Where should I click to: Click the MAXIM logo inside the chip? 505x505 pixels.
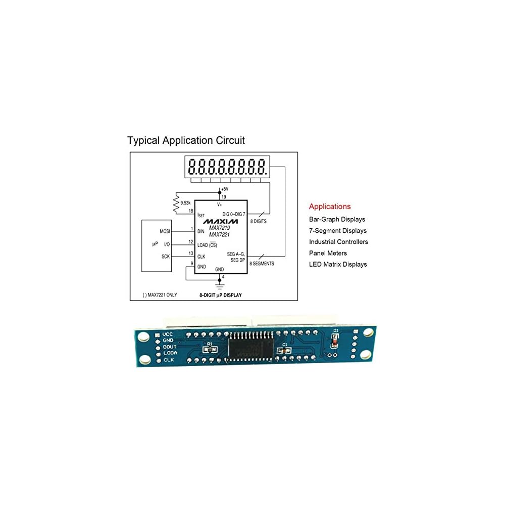[x=221, y=221]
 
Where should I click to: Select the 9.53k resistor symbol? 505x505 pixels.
[x=176, y=204]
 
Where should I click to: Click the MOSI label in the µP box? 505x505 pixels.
[x=165, y=231]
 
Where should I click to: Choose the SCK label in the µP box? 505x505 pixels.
[x=165, y=257]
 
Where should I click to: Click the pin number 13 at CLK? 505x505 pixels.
[x=191, y=253]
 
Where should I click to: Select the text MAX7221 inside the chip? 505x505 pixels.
[x=220, y=234]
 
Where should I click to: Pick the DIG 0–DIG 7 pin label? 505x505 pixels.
[x=234, y=215]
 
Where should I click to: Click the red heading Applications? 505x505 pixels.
[x=329, y=207]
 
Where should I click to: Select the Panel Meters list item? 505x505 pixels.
[x=328, y=253]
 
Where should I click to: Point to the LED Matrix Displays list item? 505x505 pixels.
[x=338, y=264]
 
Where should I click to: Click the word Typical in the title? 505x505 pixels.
[x=143, y=140]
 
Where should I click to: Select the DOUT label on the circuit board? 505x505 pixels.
[x=170, y=347]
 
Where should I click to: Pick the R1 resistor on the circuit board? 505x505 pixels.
[x=209, y=349]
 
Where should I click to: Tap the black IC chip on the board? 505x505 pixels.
[x=251, y=348]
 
